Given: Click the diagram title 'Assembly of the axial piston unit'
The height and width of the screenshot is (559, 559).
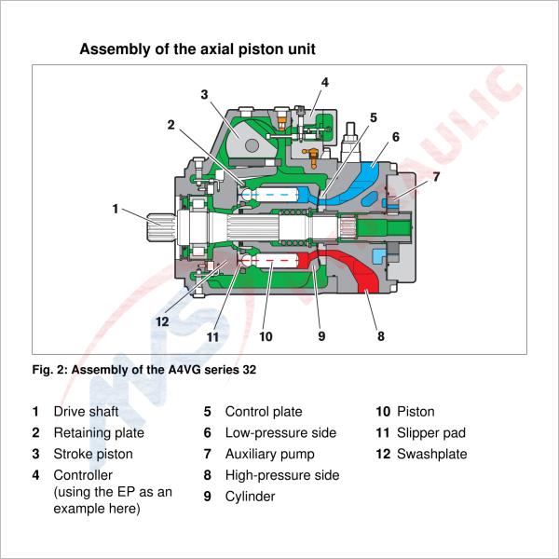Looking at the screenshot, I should click(203, 48).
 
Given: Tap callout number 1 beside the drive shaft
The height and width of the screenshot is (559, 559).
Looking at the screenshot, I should click(116, 209).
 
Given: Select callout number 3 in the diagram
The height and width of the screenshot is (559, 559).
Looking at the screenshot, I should click(204, 93).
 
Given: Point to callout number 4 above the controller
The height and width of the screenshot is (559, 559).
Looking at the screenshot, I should click(324, 82).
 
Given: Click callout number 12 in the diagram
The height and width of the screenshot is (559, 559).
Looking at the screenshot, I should click(162, 321).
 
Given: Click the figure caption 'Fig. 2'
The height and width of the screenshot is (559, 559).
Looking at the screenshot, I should click(143, 370).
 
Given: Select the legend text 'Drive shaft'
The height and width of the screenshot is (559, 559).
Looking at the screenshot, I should click(87, 411).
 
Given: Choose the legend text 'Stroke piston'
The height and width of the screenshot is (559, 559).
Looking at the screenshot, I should click(93, 454).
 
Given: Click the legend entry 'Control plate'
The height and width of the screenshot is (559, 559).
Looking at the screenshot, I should click(264, 411).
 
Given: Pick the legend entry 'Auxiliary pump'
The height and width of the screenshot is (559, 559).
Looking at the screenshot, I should click(269, 454).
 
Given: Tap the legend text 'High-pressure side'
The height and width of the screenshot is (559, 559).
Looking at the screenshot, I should click(281, 475).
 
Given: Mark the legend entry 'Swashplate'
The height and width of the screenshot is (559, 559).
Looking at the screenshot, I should click(431, 454).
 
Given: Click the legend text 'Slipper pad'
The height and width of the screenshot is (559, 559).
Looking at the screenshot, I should click(430, 432).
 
